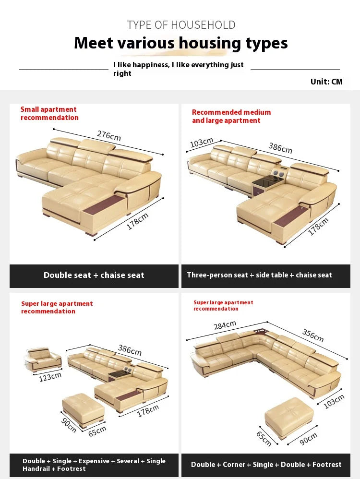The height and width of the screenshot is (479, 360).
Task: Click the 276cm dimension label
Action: pos(109,135)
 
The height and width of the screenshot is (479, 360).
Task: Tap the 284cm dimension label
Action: pos(225,325)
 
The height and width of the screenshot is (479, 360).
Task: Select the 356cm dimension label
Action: pos(313,335)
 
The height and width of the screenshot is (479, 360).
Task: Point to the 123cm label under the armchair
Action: pos(50,377)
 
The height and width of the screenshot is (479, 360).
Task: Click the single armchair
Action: pos(42,359)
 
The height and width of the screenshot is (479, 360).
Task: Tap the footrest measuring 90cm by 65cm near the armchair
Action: pos(83,409)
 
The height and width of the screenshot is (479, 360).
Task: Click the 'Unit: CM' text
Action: pos(326,82)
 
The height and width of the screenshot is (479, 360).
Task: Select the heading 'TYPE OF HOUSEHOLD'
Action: pos(181,25)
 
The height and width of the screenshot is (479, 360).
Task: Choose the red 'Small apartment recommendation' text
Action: pos(49,113)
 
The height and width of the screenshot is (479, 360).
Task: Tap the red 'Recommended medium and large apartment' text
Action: pos(231,116)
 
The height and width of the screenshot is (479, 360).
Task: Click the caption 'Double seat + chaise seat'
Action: pos(94,275)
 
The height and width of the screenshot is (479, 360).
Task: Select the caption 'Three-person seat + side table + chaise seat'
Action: pos(260,275)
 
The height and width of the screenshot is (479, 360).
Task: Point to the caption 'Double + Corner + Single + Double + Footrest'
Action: pos(266,464)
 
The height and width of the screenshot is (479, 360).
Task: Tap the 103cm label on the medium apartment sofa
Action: pos(202,143)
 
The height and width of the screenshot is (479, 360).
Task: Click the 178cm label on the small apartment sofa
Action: pos(138,221)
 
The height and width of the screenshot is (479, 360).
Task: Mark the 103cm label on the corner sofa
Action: pos(334,401)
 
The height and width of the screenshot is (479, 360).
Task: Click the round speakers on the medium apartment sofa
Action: pos(278,174)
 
